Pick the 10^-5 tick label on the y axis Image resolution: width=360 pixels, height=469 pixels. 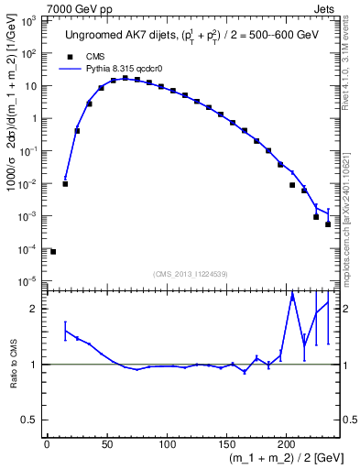27,281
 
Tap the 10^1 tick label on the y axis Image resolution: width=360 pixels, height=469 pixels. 29,85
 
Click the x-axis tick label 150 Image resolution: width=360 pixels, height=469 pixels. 226,446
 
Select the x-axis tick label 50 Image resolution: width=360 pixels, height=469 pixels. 106,446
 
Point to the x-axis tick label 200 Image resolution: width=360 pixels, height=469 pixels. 286,446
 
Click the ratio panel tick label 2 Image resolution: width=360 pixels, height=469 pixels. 34,309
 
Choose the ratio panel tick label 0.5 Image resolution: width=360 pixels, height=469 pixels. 30,420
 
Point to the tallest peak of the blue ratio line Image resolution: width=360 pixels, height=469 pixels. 292,295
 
